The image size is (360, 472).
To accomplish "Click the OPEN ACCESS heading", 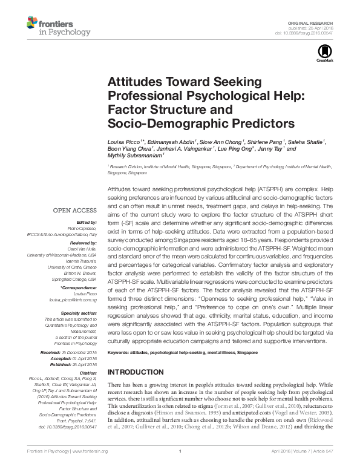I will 75,211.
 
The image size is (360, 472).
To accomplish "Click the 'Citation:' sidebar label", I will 88,373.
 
